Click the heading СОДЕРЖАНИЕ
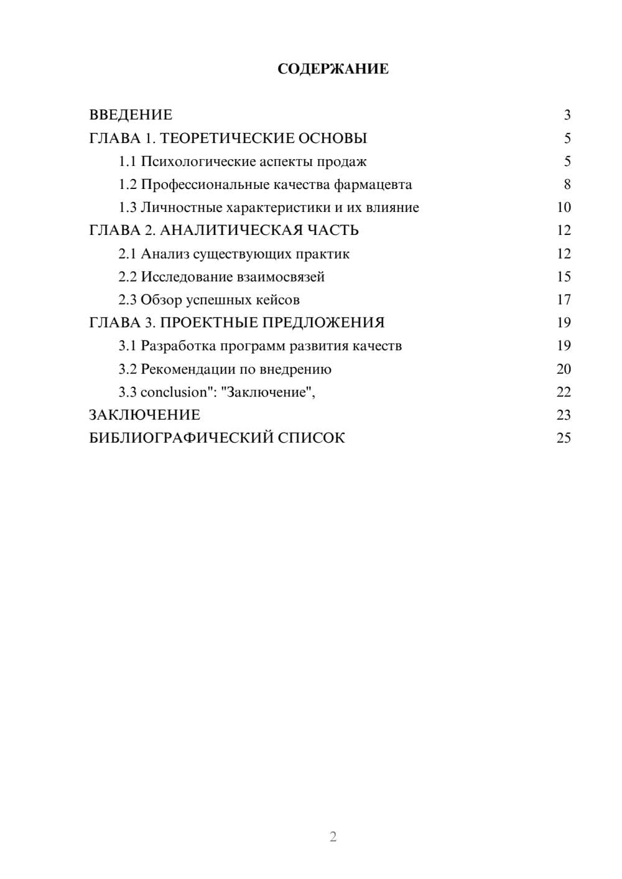333,69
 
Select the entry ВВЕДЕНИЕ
131,115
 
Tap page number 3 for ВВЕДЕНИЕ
567,115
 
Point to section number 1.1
128,162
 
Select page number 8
567,185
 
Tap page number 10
564,208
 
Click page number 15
564,277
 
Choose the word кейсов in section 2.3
277,300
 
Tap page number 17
564,300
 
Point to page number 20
564,369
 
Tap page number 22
564,392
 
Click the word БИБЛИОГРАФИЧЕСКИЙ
181,438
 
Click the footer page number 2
333,837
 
